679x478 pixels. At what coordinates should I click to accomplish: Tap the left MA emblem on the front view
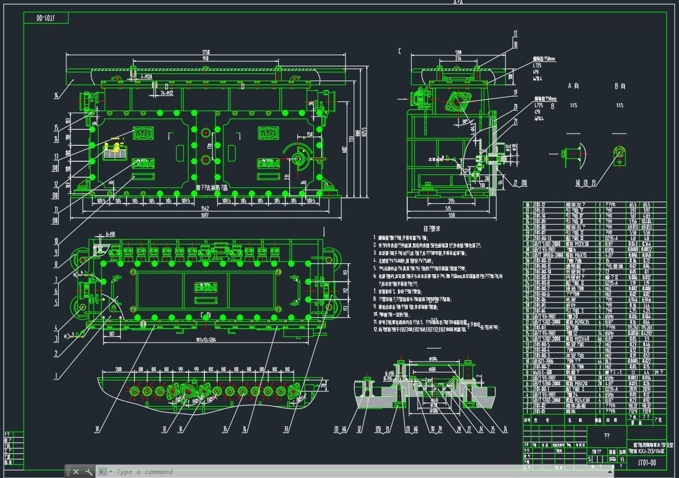point(142,133)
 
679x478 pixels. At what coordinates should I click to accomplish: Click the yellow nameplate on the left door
point(115,151)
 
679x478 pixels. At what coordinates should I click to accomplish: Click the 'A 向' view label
point(573,86)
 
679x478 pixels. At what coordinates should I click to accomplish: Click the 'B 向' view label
point(620,86)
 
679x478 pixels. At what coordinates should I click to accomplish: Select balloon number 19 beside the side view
point(515,92)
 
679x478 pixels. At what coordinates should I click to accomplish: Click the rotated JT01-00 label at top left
point(45,18)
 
